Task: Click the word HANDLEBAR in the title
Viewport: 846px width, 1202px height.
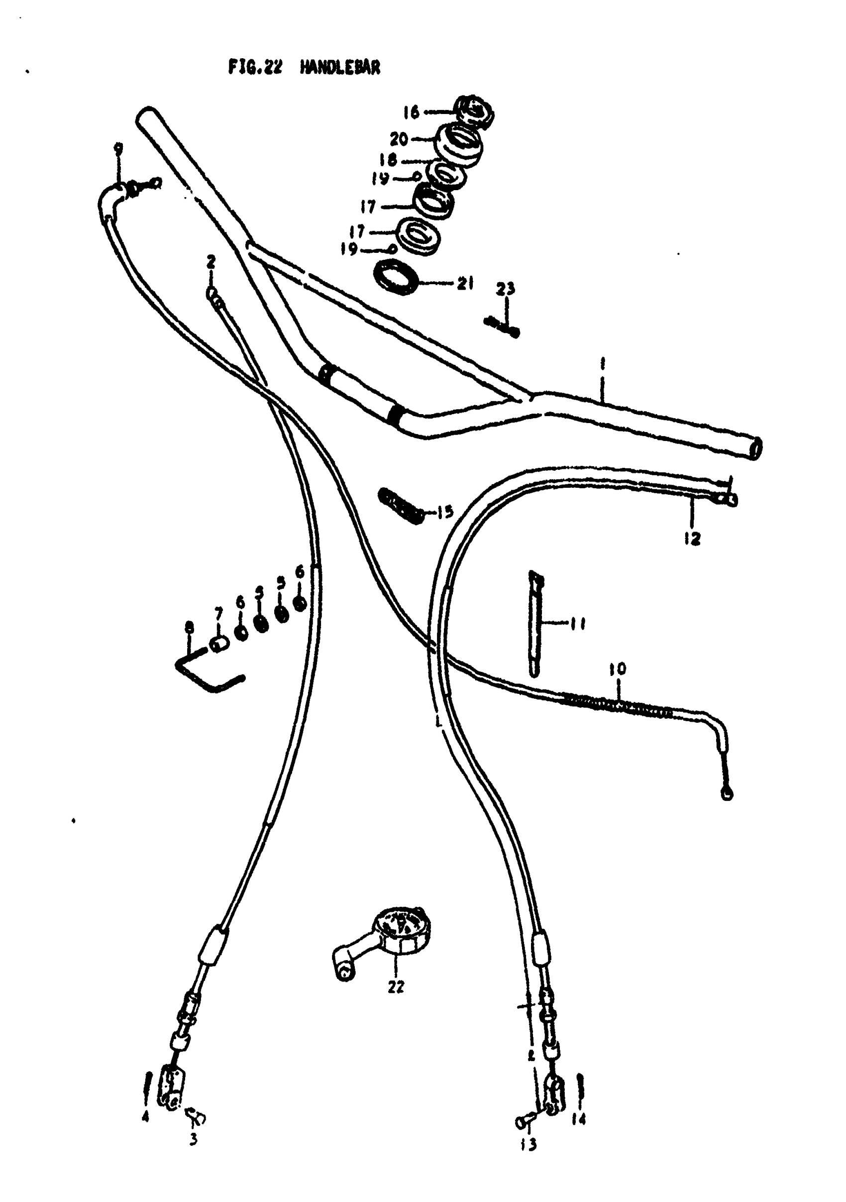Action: pyautogui.click(x=340, y=68)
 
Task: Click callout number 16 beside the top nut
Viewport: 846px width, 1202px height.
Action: pyautogui.click(x=411, y=112)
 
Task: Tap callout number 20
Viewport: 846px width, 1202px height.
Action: pyautogui.click(x=399, y=139)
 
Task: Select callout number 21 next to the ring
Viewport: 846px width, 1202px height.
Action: pyautogui.click(x=465, y=283)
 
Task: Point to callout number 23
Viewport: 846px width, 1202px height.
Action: pyautogui.click(x=506, y=289)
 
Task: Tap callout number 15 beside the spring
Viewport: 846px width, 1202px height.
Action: pyautogui.click(x=445, y=512)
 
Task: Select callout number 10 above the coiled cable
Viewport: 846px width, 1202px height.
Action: pyautogui.click(x=618, y=668)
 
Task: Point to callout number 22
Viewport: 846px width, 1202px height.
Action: pyautogui.click(x=396, y=986)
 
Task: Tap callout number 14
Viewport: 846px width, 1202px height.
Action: pyautogui.click(x=578, y=1119)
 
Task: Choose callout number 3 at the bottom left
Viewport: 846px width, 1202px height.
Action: pyautogui.click(x=193, y=1139)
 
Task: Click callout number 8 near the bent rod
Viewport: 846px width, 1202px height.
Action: pyautogui.click(x=190, y=627)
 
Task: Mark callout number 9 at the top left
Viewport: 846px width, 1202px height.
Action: pyautogui.click(x=118, y=149)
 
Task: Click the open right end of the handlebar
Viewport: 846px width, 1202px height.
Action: pyautogui.click(x=755, y=448)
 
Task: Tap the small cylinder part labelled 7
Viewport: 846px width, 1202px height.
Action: pyautogui.click(x=218, y=645)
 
